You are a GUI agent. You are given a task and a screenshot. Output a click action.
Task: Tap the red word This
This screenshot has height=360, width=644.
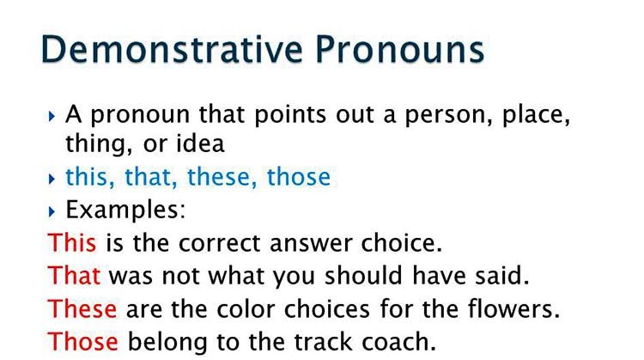[x=73, y=242]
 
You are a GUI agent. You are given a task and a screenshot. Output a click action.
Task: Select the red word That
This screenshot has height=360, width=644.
[x=75, y=275]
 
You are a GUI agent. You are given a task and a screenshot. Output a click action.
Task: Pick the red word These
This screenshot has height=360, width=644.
[x=82, y=308]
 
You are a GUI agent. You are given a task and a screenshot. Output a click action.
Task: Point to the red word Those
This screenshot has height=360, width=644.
[x=83, y=340]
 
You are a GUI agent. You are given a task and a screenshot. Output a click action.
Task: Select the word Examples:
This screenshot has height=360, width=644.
[x=125, y=209]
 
